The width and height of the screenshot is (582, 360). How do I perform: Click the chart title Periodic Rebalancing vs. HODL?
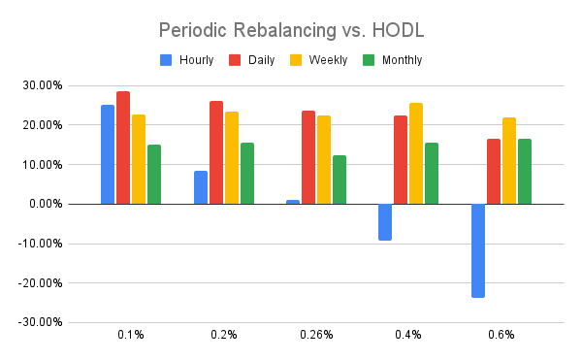click(x=290, y=30)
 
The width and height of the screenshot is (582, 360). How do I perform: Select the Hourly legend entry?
click(x=187, y=60)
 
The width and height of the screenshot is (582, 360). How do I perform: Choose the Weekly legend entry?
click(x=321, y=60)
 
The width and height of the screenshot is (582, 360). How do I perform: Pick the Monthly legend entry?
click(x=393, y=60)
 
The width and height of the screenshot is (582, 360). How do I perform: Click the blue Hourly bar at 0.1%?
click(x=108, y=154)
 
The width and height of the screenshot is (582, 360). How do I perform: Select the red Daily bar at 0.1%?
click(x=123, y=147)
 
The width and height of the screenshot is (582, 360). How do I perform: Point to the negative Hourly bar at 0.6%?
click(x=478, y=250)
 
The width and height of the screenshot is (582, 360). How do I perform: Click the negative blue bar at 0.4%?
click(x=385, y=221)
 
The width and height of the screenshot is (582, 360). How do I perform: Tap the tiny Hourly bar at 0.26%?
click(x=293, y=202)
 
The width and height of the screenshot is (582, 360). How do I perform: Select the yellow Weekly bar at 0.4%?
click(x=416, y=153)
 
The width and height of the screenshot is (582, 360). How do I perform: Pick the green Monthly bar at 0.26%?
click(x=339, y=180)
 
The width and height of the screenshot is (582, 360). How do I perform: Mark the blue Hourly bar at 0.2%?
click(x=201, y=187)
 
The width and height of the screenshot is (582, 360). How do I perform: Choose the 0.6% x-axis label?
click(x=501, y=335)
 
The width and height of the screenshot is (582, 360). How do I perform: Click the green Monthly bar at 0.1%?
click(x=154, y=174)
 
